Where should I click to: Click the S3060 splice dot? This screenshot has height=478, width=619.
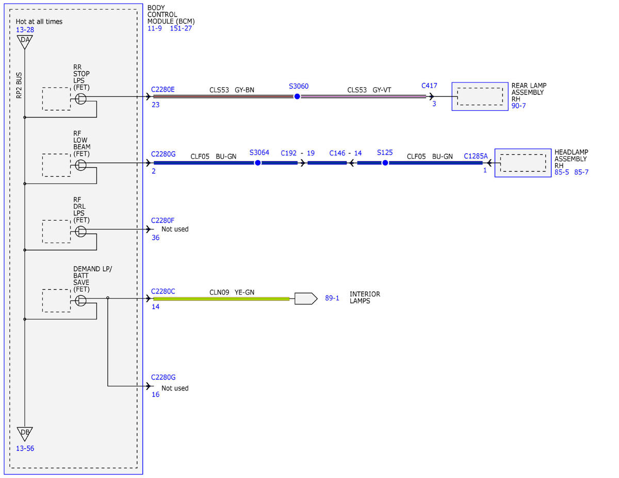click(297, 96)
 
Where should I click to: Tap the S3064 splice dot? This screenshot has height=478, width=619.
click(257, 163)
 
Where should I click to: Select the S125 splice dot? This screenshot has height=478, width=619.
click(385, 163)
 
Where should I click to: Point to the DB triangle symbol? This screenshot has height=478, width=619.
click(25, 434)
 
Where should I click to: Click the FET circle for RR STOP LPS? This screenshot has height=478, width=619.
click(80, 99)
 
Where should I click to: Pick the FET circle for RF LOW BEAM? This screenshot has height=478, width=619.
click(80, 165)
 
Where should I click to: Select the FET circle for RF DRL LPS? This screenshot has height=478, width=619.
click(80, 232)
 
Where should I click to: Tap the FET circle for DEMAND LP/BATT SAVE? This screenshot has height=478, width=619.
click(80, 301)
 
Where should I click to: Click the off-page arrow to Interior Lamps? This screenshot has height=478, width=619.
click(306, 299)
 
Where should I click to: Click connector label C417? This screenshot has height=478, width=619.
click(429, 86)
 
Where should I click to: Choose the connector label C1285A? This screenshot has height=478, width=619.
click(476, 156)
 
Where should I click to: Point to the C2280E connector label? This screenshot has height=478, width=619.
click(162, 89)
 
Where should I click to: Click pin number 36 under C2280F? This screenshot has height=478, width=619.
click(156, 238)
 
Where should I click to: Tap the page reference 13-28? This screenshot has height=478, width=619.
click(25, 30)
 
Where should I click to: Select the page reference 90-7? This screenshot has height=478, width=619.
click(518, 106)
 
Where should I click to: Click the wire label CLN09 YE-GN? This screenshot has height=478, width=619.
click(232, 292)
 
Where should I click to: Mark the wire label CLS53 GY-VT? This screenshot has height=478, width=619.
click(369, 90)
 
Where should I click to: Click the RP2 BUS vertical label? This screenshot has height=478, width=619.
click(19, 86)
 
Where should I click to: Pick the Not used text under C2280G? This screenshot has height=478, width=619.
click(175, 388)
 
